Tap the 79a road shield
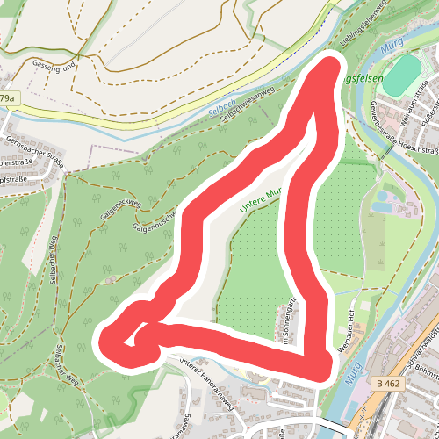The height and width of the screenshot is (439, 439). point(8,99)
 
